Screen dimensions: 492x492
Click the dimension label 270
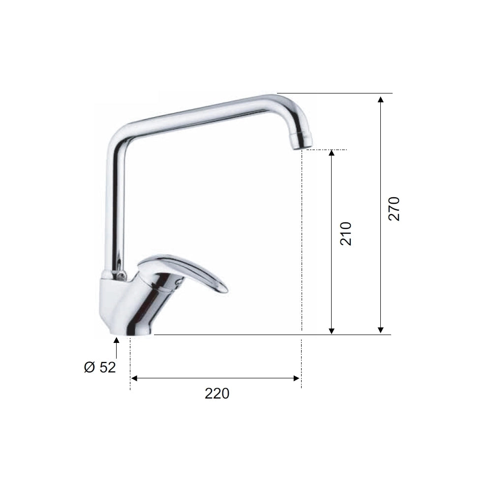click(x=394, y=209)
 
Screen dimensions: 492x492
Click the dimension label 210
click(x=346, y=233)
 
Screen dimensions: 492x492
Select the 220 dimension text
click(x=217, y=394)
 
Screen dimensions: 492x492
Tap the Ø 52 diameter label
click(x=100, y=368)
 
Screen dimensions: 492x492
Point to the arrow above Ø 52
click(x=117, y=348)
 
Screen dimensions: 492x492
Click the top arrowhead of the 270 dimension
click(x=381, y=99)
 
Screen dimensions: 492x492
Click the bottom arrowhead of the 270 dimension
click(x=381, y=330)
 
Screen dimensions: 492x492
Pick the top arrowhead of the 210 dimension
click(x=332, y=153)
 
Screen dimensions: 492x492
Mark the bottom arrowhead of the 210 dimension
click(x=332, y=331)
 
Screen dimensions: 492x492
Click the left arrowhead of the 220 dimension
click(x=134, y=378)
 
